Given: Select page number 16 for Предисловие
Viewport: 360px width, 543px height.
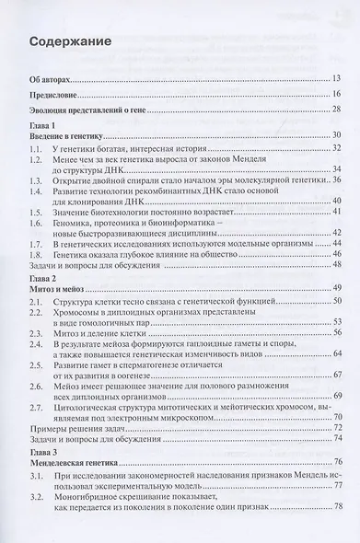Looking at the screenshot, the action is tap(339, 95).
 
